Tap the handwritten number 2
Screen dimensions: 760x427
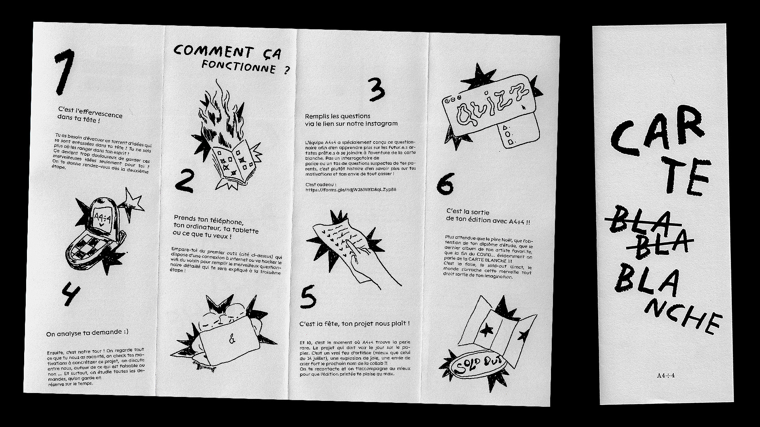pyautogui.click(x=184, y=181)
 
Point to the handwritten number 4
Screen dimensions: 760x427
pyautogui.click(x=70, y=295)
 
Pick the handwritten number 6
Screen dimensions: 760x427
pyautogui.click(x=445, y=184)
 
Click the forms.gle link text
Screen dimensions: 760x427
pyautogui.click(x=351, y=189)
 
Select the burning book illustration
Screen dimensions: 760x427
pyautogui.click(x=226, y=136)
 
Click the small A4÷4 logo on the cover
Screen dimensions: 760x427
pyautogui.click(x=666, y=375)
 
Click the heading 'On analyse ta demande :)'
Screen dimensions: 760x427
pyautogui.click(x=87, y=333)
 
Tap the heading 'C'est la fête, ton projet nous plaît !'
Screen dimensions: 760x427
pyautogui.click(x=354, y=324)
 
